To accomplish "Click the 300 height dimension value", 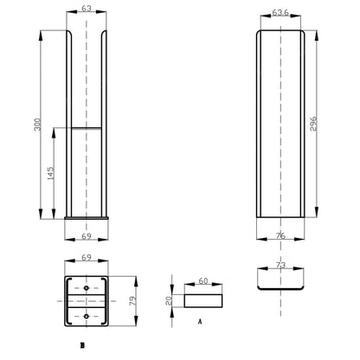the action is pos(38,125).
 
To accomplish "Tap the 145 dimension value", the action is pos(50,173).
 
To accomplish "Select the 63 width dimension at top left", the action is pos(87,9).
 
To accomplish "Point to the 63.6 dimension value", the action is pos(280,13).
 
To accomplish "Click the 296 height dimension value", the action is pos(313,124).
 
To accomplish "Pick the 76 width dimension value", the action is pos(280,235).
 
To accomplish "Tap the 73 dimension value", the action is pos(280,265).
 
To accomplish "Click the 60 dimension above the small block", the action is pos(203,280).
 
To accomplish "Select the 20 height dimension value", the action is pos(169,301).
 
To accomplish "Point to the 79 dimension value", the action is pos(132,301).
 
